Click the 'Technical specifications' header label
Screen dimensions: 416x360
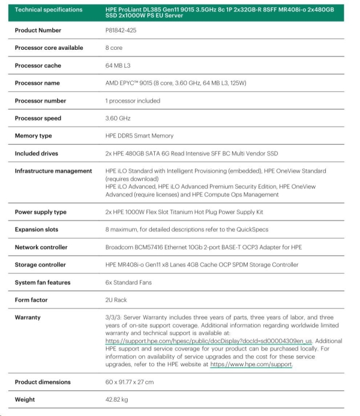pyautogui.click(x=49, y=10)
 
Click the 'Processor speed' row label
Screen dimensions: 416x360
pyautogui.click(x=41, y=118)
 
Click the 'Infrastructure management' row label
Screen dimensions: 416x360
pyautogui.click(x=53, y=171)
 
